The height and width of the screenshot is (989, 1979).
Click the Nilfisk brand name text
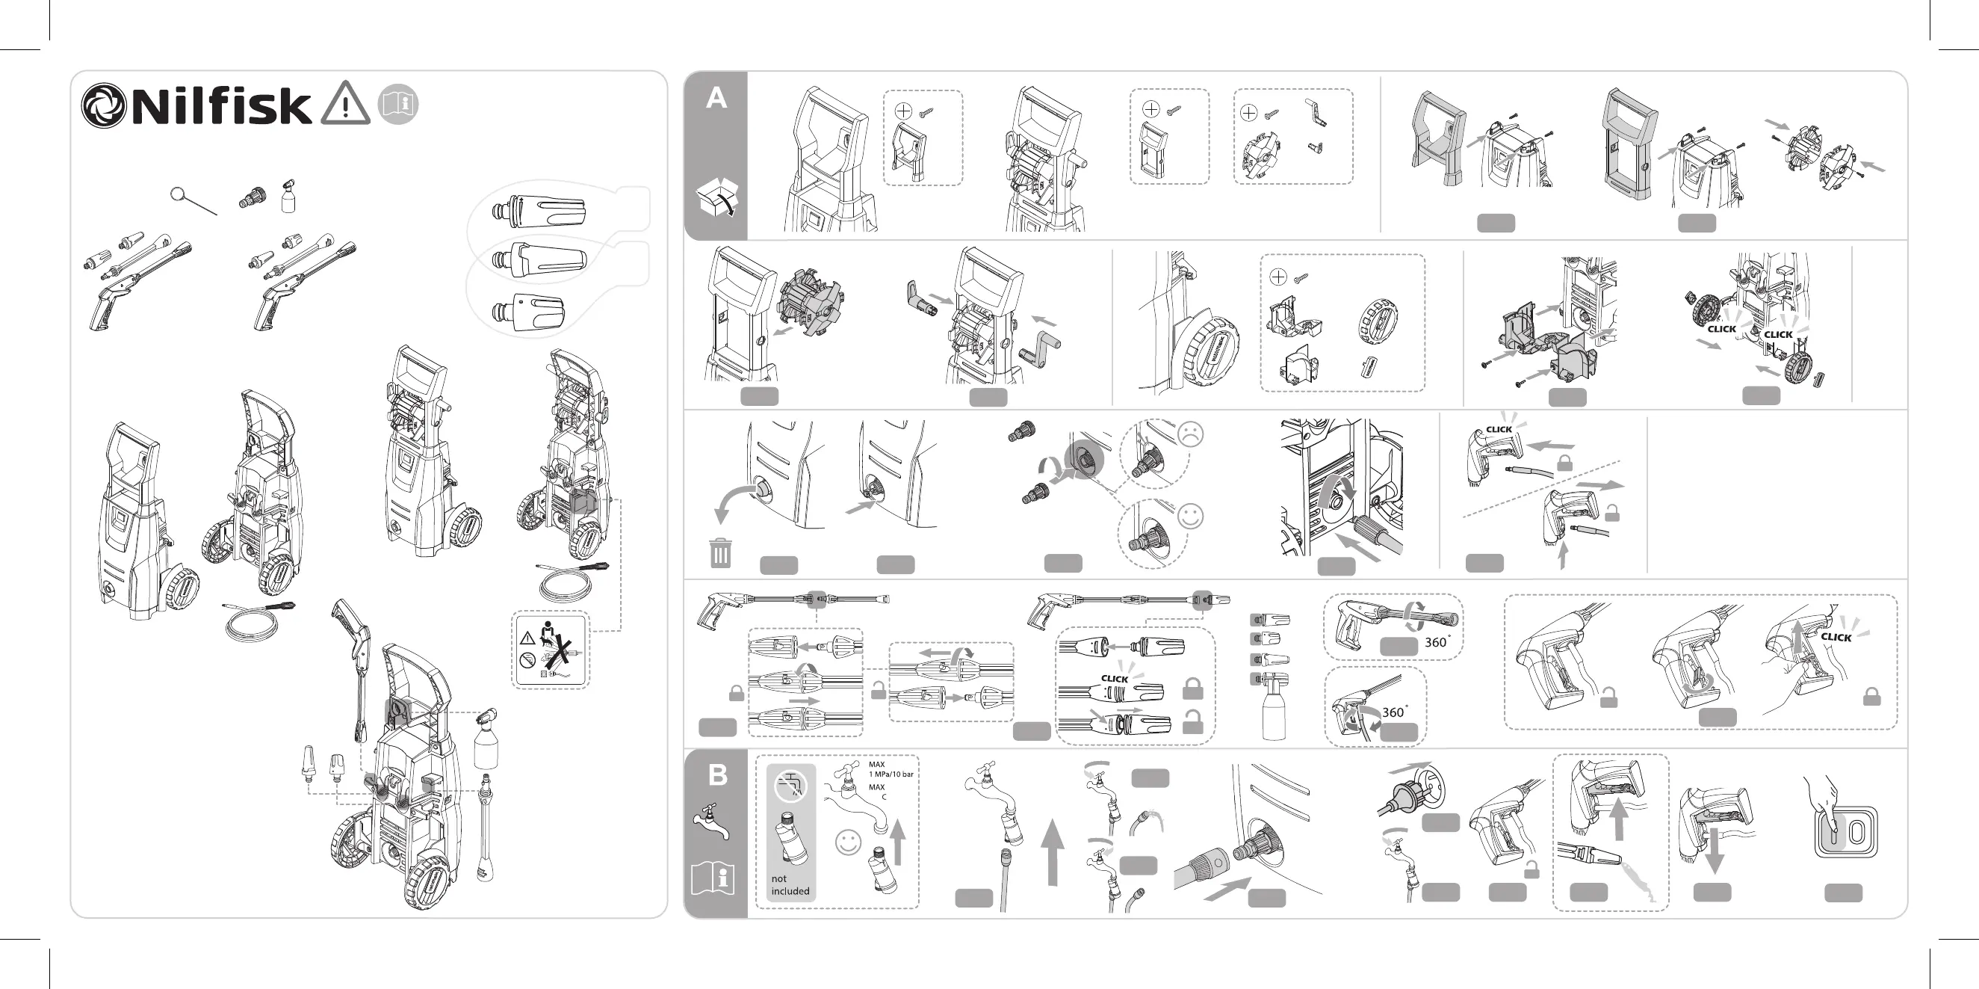point(221,106)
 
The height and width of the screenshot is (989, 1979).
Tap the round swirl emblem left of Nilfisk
point(103,106)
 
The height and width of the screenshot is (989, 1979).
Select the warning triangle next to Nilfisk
point(346,105)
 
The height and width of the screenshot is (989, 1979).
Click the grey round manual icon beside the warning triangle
point(398,104)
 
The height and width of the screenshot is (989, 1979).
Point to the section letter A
point(716,99)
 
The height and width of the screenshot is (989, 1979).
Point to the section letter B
point(716,775)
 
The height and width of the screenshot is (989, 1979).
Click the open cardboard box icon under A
point(716,197)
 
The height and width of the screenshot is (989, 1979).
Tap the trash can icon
point(720,552)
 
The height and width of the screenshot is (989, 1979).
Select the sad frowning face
point(1190,434)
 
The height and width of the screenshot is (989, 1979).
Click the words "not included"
point(790,884)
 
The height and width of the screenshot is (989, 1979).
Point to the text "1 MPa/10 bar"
point(891,774)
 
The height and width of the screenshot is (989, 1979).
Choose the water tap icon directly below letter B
point(711,822)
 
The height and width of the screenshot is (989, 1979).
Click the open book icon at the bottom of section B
point(713,878)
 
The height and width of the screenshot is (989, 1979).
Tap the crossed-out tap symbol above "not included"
point(790,786)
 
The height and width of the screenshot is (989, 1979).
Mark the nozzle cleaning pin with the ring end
point(192,201)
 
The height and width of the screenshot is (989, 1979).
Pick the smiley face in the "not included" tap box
point(848,842)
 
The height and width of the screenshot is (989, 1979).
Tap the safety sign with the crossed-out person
point(551,650)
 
